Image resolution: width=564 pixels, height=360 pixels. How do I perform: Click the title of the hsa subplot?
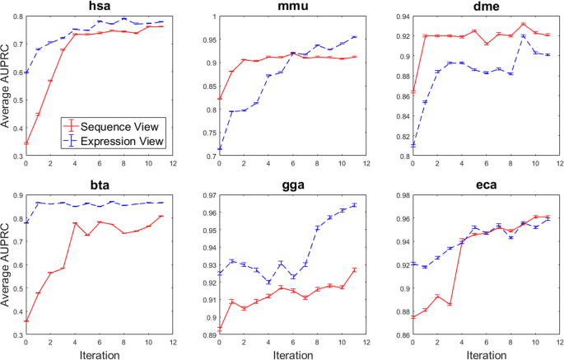pos(100,7)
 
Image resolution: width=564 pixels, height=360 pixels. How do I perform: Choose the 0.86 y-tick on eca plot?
pos(398,335)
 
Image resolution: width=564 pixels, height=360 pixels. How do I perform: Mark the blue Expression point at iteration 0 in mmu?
pos(218,149)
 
